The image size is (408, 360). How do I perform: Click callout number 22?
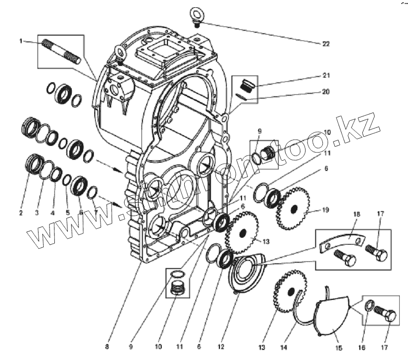click(326, 44)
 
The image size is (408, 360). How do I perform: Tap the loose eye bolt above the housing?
click(197, 14)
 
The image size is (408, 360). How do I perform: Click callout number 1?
click(21, 41)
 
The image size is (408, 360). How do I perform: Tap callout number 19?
click(326, 210)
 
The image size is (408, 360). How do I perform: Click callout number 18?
click(356, 215)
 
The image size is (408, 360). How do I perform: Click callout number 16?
click(362, 347)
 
